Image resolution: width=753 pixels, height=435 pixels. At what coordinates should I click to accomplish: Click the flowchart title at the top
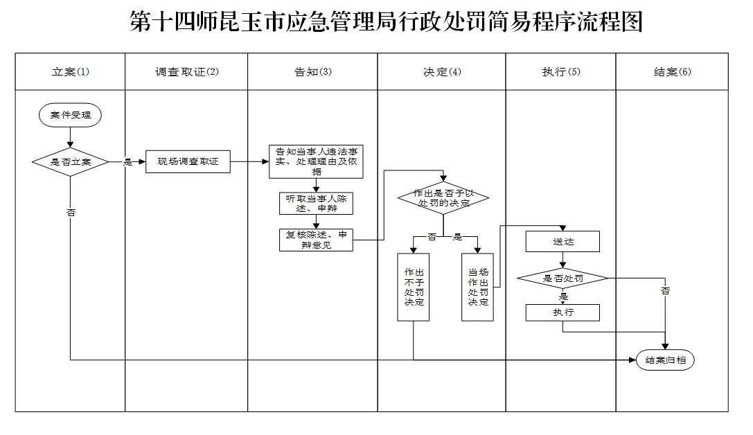(386, 21)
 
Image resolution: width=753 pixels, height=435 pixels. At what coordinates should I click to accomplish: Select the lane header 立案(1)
(70, 71)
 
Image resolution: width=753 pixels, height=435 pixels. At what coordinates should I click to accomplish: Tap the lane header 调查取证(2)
(186, 71)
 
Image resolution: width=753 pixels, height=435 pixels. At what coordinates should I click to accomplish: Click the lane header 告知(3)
(312, 71)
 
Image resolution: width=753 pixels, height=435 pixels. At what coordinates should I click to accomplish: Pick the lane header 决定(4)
(442, 71)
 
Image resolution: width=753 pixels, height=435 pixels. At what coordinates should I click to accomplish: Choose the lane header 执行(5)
(561, 71)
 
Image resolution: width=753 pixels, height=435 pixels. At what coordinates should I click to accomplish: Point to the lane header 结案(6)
(673, 71)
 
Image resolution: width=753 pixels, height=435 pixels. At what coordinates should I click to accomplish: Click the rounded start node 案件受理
(70, 115)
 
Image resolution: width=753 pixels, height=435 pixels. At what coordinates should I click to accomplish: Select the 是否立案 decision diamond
(70, 162)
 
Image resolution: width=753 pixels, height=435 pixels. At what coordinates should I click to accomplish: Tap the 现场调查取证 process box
(188, 162)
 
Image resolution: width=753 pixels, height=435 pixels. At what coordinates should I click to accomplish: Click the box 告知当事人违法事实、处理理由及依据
(316, 162)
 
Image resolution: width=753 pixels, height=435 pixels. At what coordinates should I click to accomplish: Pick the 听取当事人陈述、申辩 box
(316, 204)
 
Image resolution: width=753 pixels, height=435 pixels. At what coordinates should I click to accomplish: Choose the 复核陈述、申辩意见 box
(316, 240)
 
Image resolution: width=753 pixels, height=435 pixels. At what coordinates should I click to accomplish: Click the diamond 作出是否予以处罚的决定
(443, 198)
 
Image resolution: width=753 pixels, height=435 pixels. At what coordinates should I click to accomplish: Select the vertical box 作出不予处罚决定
(414, 287)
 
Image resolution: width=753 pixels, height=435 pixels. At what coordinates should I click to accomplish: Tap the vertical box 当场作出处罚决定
(477, 287)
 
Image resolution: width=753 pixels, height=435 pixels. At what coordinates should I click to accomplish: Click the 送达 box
(562, 242)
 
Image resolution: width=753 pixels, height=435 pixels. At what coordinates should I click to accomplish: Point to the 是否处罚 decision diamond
(562, 278)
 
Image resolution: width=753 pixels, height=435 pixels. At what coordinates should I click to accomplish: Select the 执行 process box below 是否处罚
(562, 312)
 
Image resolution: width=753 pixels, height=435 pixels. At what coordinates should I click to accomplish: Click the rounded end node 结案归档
(665, 360)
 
